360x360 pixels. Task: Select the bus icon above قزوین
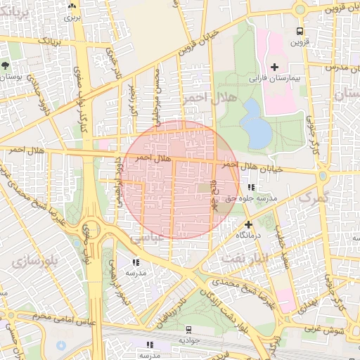300,32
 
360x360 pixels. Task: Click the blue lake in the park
255,124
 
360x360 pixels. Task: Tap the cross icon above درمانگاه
248,224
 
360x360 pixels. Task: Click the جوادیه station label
188,340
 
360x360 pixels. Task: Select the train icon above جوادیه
188,330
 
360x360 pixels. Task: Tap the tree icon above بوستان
6,65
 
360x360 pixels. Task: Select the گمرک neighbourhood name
314,198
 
